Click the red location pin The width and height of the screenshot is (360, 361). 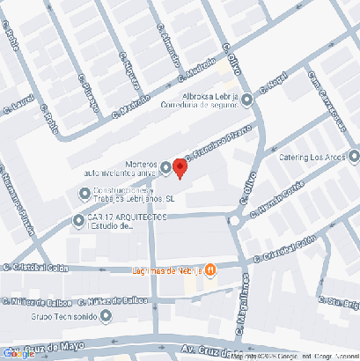pos(180,167)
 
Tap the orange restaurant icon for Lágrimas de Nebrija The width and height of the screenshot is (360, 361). pos(211,269)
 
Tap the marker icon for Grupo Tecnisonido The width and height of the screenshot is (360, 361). pos(105,314)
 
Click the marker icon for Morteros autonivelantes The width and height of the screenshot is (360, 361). pos(165,167)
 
